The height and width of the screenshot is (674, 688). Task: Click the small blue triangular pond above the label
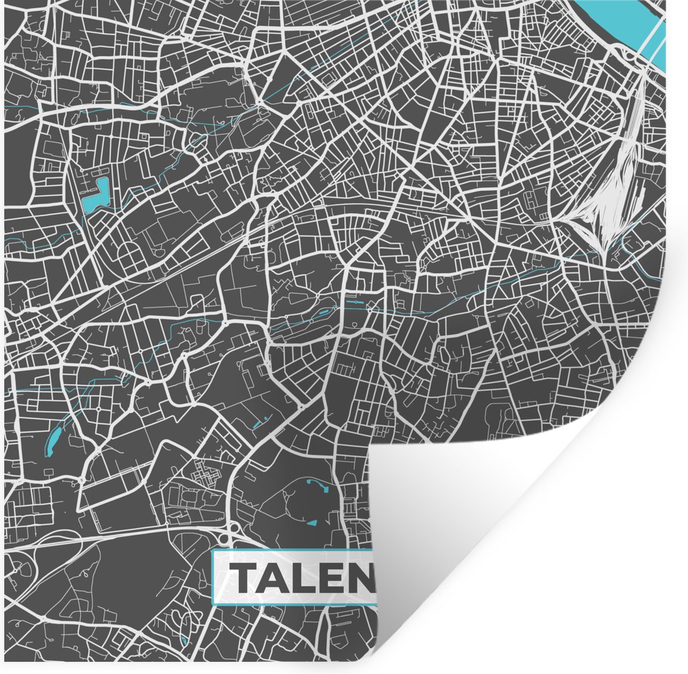[x=312, y=523]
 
